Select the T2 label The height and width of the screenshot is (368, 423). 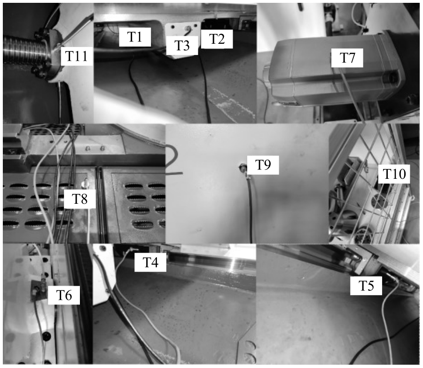(x=217, y=39)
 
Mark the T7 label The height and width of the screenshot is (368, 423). (x=348, y=59)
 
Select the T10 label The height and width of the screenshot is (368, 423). (x=395, y=175)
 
